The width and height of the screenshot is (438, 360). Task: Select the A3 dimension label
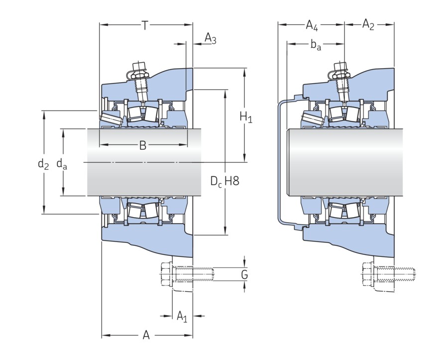coord(211,39)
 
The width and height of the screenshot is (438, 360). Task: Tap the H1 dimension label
coord(246,118)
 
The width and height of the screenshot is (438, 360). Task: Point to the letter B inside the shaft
coord(143,145)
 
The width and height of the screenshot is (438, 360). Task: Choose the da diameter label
coord(62,163)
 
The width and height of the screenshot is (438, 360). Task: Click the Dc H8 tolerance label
coord(224,181)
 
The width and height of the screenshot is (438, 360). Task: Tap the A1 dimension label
coord(182,316)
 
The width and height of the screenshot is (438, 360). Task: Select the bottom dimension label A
coord(146,335)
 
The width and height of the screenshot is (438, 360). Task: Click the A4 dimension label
coord(312,24)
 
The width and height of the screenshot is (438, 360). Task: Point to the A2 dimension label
coord(368,24)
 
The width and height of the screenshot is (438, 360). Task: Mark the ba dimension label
coord(316,45)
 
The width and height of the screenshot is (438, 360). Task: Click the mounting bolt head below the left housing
coord(167,274)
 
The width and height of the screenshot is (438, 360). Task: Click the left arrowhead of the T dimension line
coord(103,24)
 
